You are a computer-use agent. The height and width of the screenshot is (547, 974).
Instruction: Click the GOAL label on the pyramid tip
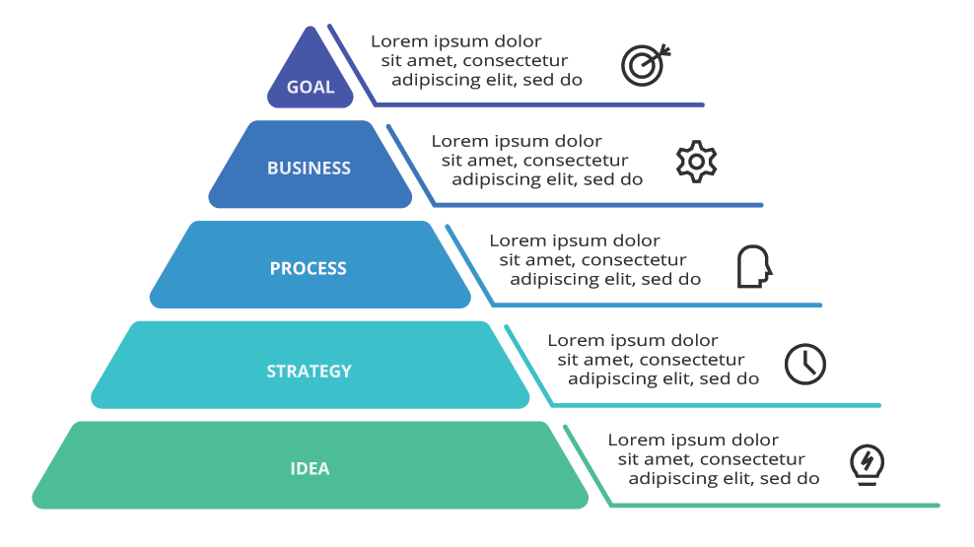[311, 88]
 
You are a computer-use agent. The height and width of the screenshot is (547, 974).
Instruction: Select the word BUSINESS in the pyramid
[309, 169]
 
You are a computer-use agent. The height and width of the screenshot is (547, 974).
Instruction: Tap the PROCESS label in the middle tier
[309, 268]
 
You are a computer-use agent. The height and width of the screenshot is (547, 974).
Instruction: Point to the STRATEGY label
[309, 372]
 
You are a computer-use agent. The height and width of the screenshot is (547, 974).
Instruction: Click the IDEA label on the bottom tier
[310, 469]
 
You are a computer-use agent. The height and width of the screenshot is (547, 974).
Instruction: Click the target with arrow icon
[645, 64]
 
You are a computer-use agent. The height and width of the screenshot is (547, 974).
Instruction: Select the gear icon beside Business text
[696, 162]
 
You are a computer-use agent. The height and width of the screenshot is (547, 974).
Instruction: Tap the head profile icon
[754, 266]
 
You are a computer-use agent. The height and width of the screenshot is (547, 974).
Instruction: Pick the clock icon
[804, 364]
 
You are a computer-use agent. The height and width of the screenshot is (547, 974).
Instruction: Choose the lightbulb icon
[867, 463]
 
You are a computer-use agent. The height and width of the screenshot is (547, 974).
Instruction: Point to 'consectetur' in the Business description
[576, 161]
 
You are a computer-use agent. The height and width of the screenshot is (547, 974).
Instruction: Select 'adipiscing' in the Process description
[549, 279]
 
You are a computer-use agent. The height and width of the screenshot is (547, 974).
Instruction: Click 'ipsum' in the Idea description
[698, 440]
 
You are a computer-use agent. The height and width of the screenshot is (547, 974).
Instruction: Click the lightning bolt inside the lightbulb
[867, 459]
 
